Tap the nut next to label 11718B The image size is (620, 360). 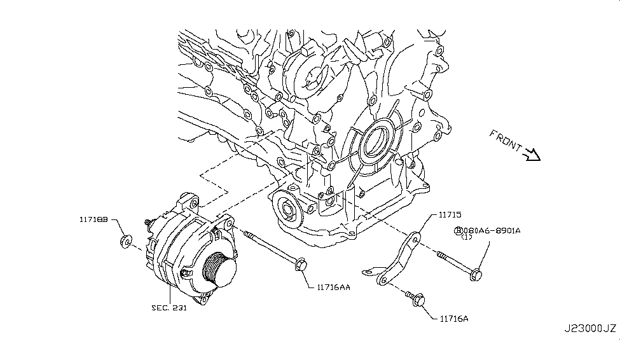click(x=126, y=241)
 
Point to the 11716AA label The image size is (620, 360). click(x=329, y=287)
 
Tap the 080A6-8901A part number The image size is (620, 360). click(x=491, y=230)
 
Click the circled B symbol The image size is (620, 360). click(x=457, y=230)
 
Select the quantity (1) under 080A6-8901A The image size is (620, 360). click(x=467, y=238)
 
